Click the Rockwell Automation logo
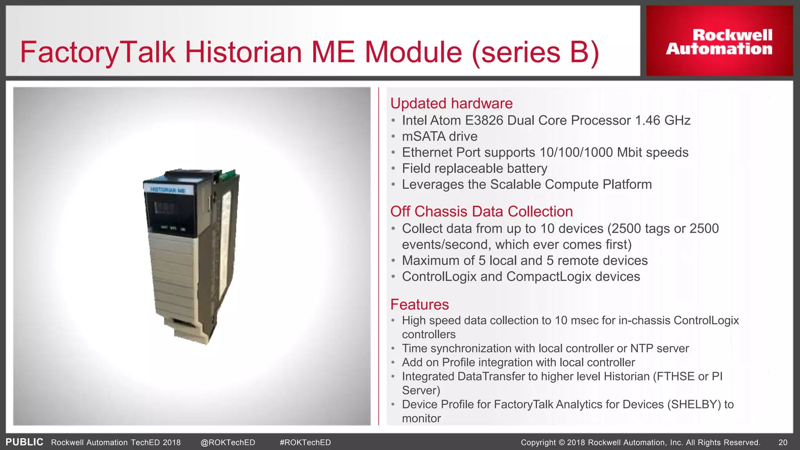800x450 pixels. coord(719,41)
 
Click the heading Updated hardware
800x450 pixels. coord(451,104)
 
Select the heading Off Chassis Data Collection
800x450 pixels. coord(481,212)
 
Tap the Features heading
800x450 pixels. coord(420,305)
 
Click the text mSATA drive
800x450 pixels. coord(439,136)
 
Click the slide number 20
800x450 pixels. coord(783,443)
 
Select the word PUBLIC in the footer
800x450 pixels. coord(24,442)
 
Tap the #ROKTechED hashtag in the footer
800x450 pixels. coord(305,443)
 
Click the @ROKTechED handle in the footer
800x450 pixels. coord(228,443)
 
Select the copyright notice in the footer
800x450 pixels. coord(640,443)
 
